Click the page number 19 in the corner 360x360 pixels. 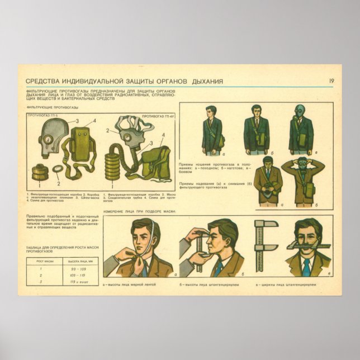[331, 82]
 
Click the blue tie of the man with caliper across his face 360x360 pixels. [306, 268]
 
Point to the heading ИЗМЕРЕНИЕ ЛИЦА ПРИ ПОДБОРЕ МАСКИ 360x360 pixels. [140, 211]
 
